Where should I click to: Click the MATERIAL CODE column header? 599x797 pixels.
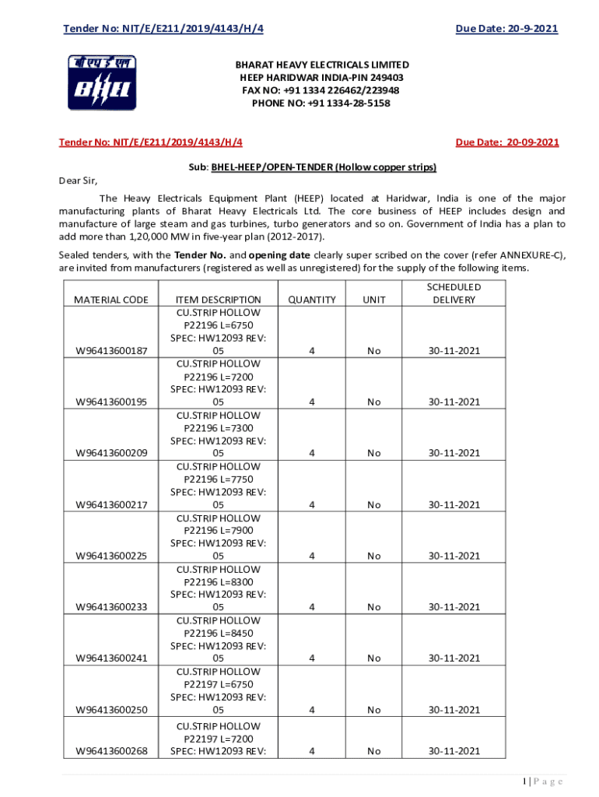[110, 300]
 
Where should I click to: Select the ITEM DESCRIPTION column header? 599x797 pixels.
[219, 300]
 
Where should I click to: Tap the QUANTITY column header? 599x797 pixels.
[311, 300]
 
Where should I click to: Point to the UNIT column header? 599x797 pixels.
[374, 300]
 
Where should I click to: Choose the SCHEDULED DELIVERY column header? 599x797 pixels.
[454, 293]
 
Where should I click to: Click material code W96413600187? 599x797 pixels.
[110, 351]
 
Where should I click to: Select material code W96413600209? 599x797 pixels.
[110, 453]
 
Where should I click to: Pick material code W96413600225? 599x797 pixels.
[110, 556]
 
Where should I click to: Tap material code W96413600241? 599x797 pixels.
[110, 658]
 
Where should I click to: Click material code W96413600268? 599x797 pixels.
[110, 751]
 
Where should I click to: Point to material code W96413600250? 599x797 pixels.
[110, 710]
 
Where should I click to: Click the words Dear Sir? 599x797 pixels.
[79, 181]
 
